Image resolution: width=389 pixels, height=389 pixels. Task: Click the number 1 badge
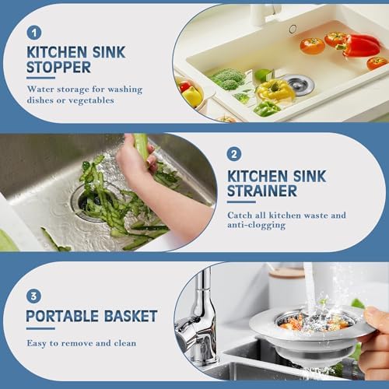[33, 32]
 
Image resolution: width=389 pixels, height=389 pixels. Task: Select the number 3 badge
[33, 295]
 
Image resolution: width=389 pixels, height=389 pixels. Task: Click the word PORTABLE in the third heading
[61, 317]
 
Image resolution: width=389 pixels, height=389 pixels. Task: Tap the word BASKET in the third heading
[129, 317]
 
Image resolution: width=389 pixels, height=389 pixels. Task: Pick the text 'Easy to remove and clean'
[81, 343]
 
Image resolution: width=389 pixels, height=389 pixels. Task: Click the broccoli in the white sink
[228, 79]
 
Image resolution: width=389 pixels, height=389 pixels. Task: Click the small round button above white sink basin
[293, 29]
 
